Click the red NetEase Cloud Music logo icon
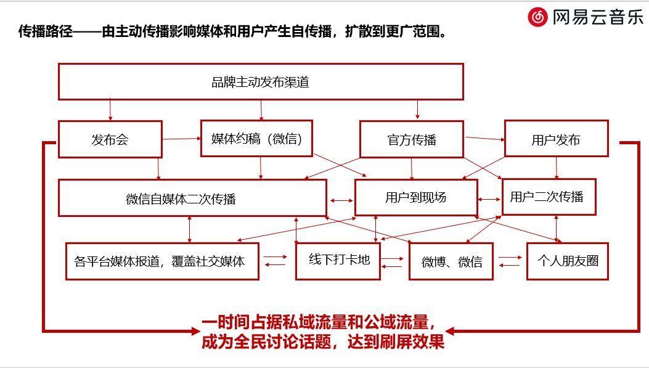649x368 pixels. (537, 17)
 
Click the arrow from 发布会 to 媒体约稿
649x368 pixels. (181, 139)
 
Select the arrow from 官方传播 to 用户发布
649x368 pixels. (484, 139)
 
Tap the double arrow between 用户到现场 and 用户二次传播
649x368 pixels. (489, 200)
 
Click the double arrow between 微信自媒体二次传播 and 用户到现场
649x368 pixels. (341, 201)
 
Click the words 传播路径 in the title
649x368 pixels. (46, 31)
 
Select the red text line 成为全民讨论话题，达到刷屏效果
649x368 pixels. (323, 341)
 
